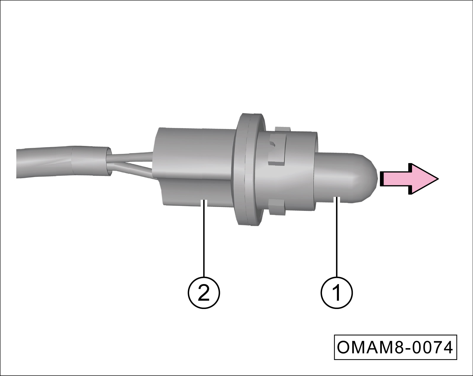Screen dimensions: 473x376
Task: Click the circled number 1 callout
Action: point(337,292)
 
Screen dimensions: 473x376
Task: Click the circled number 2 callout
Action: point(204,292)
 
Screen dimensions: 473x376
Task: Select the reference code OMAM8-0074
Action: point(395,347)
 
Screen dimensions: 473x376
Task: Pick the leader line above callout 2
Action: point(204,238)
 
